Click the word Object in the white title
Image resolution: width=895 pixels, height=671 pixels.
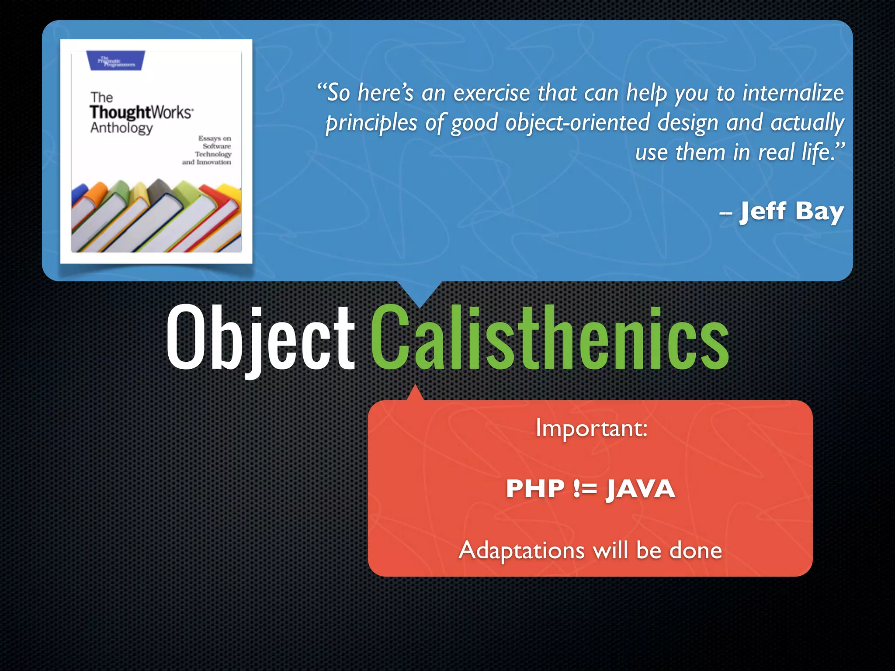(260, 336)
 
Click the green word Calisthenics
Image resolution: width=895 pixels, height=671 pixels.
(550, 336)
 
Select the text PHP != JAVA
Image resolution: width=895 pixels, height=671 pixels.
(590, 488)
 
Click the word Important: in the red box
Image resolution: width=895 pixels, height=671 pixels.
(591, 428)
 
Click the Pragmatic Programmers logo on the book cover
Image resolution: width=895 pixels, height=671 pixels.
(116, 61)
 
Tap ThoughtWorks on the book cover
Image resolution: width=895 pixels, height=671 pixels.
(141, 112)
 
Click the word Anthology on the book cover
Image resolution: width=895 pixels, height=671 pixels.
(121, 128)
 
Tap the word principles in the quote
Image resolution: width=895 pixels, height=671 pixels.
(371, 123)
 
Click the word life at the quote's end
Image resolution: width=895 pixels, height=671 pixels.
(815, 152)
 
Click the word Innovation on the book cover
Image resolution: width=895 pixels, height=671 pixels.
(214, 162)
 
